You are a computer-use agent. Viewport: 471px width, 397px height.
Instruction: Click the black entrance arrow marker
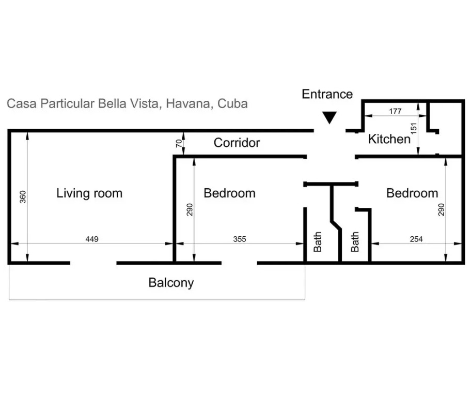point(328,118)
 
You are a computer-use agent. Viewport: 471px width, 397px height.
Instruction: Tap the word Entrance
point(327,94)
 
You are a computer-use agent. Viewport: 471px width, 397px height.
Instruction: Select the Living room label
point(89,193)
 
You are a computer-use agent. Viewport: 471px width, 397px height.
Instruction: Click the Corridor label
point(237,143)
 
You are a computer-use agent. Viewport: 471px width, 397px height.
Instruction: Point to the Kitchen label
point(389,139)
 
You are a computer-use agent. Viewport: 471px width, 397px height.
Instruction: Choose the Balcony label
point(171,283)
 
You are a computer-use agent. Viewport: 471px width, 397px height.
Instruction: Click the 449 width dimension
point(92,239)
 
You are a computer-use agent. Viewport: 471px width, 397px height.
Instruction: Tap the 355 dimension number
point(240,239)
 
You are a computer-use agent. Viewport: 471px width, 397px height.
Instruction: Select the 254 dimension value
point(416,239)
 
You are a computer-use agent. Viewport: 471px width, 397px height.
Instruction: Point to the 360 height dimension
point(23,196)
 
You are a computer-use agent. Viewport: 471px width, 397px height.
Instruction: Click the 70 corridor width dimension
point(179,143)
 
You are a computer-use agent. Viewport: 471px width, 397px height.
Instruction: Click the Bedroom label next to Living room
point(229,193)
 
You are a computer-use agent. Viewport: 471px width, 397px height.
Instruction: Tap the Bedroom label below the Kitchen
point(412,193)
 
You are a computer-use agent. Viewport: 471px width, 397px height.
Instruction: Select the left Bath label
point(318,242)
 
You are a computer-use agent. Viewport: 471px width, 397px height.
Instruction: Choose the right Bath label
point(355,242)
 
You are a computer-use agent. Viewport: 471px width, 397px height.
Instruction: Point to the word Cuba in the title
point(232,103)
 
